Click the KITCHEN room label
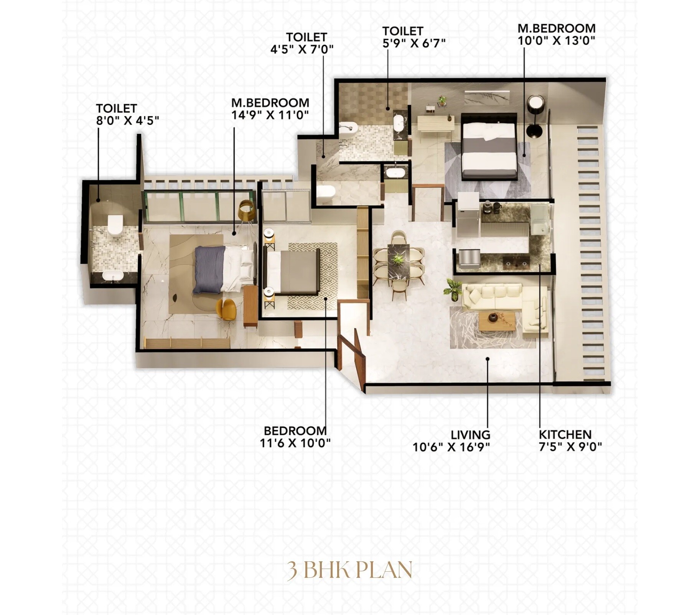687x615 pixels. click(565, 434)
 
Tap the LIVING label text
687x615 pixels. click(470, 435)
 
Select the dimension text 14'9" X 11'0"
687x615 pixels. click(270, 115)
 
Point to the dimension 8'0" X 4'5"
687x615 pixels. click(127, 120)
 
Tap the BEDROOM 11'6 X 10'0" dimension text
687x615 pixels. click(295, 443)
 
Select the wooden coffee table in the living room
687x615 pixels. click(497, 321)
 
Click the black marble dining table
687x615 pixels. click(399, 262)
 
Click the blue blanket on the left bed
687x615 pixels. click(209, 270)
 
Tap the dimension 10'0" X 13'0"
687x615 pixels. click(557, 40)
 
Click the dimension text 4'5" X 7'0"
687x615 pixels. click(302, 49)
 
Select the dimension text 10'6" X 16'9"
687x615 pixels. click(451, 447)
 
